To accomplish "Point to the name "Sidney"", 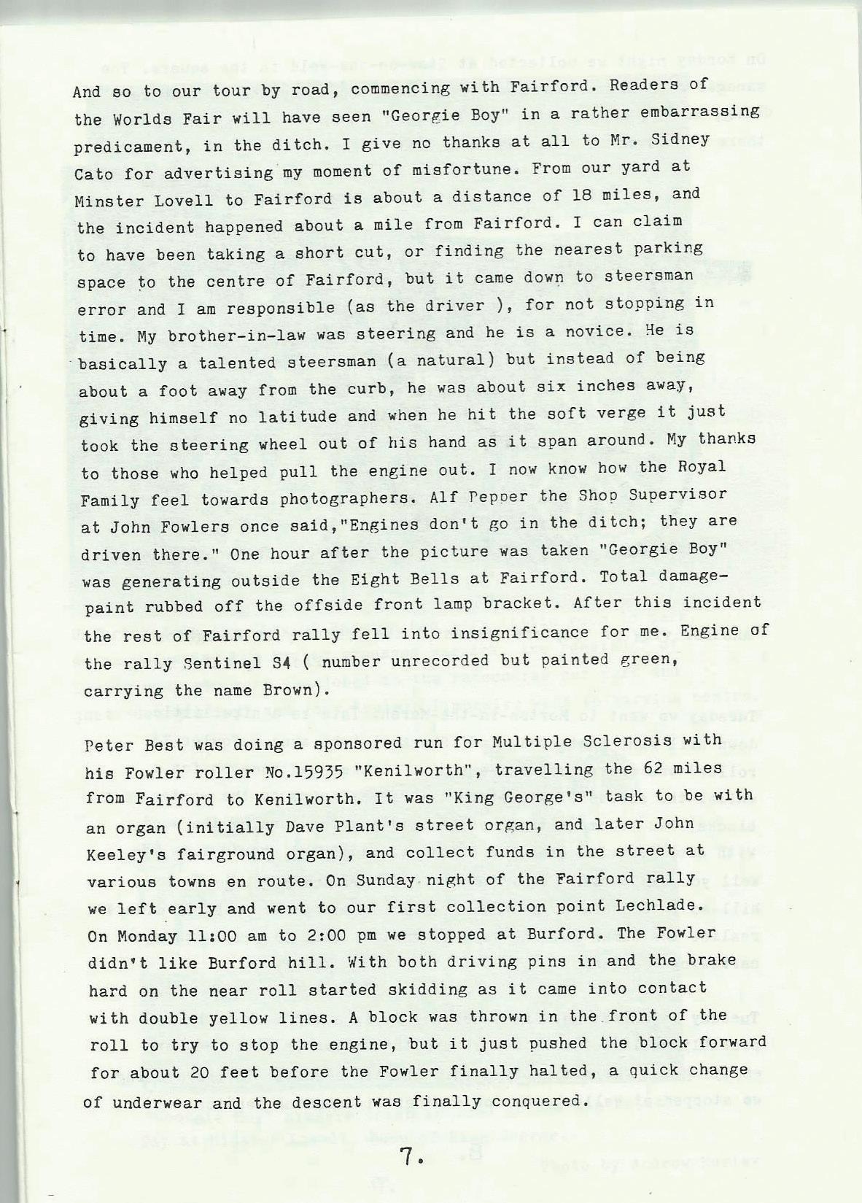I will click(x=685, y=139).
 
